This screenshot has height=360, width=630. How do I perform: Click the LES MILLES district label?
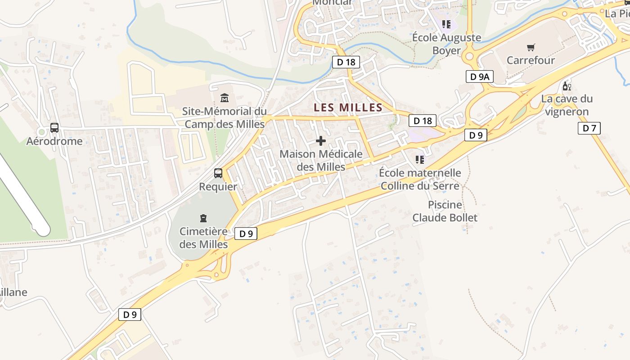pos(348,108)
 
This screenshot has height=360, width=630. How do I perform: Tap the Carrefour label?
pos(531,60)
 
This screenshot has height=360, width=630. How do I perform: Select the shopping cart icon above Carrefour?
pos(531,47)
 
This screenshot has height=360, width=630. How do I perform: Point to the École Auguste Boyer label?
pos(446,44)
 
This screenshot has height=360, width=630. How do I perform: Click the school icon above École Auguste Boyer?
pos(446,24)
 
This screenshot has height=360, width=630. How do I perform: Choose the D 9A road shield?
pos(479,77)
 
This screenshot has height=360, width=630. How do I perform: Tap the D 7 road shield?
pos(589,128)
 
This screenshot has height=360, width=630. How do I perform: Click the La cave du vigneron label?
pos(567,105)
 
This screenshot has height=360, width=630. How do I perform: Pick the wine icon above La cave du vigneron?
pos(567,86)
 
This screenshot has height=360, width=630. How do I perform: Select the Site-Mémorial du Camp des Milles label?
pos(224,117)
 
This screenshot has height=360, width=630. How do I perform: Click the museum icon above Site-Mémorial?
pos(224,98)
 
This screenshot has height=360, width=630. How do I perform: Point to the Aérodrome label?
pos(54,141)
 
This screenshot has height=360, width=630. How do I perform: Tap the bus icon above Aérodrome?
pos(54,128)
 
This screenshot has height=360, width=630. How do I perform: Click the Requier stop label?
pos(218,186)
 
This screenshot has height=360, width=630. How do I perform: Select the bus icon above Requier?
pos(218,173)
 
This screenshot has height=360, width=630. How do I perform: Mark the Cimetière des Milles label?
pos(203,238)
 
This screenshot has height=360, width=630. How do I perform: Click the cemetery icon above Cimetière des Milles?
pos(203,218)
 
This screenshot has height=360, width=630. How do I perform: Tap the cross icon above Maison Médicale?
pos(321,141)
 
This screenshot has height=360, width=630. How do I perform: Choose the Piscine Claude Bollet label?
pos(445,211)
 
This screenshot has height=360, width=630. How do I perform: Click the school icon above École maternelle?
pos(420,159)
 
